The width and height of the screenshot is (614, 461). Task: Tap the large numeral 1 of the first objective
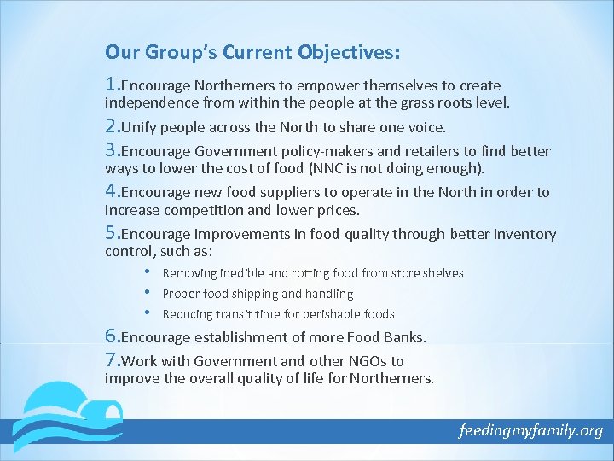click(110, 84)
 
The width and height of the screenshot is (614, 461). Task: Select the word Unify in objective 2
click(140, 128)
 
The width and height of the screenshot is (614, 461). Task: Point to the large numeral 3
click(111, 150)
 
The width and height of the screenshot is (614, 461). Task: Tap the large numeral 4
click(111, 191)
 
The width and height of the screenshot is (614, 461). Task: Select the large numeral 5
click(111, 233)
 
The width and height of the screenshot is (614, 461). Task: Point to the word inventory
click(525, 234)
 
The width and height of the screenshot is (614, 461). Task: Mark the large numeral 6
click(111, 336)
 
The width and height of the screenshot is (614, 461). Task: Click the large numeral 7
click(111, 359)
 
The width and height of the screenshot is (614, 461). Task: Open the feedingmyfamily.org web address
click(530, 430)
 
